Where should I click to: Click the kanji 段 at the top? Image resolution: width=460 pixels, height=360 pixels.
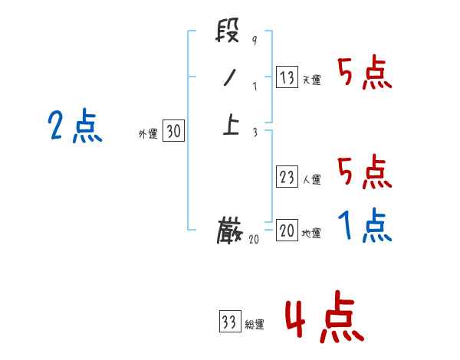point(228,34)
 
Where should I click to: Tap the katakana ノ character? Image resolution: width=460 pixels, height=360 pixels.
point(228,78)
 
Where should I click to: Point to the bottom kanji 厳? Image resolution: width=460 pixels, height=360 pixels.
point(230,230)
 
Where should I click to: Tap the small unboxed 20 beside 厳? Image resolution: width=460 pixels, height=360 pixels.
point(255,239)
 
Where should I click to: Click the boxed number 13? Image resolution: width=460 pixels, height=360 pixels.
point(287,77)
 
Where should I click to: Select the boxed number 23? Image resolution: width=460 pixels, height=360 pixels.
point(287,178)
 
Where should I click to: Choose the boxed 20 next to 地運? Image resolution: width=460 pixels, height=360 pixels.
point(287,231)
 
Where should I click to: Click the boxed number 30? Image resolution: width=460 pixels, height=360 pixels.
point(173,132)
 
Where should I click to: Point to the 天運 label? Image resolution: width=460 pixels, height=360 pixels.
point(312,80)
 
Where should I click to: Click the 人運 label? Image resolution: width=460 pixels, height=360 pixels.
point(312,180)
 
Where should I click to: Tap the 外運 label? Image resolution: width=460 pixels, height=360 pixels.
point(148,134)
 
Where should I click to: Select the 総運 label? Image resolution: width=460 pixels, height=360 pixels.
point(255,324)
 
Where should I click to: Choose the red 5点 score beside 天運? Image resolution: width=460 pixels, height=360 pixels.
point(364,74)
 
